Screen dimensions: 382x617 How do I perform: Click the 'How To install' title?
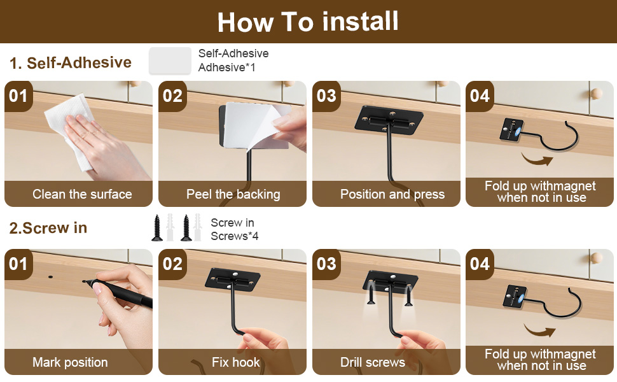pos(308,22)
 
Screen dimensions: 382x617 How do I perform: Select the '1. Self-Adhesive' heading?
pos(71,62)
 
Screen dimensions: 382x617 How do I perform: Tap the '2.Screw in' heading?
pos(48,228)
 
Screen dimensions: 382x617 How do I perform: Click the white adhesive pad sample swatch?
pos(170,61)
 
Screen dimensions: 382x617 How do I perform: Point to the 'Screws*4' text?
pos(235,236)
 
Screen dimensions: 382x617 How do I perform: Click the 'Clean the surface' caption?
pos(82,194)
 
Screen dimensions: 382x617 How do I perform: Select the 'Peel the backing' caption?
pos(233,194)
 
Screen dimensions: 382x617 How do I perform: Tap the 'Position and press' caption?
pos(392,194)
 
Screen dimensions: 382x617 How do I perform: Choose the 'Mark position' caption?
pos(70,362)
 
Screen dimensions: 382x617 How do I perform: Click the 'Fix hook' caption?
pos(235,362)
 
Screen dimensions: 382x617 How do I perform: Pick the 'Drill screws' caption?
pos(372,362)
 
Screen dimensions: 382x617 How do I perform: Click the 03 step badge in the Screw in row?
pos(326,264)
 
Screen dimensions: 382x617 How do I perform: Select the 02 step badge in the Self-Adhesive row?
pos(172,96)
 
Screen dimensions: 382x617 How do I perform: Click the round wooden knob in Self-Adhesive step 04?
pos(597,94)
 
